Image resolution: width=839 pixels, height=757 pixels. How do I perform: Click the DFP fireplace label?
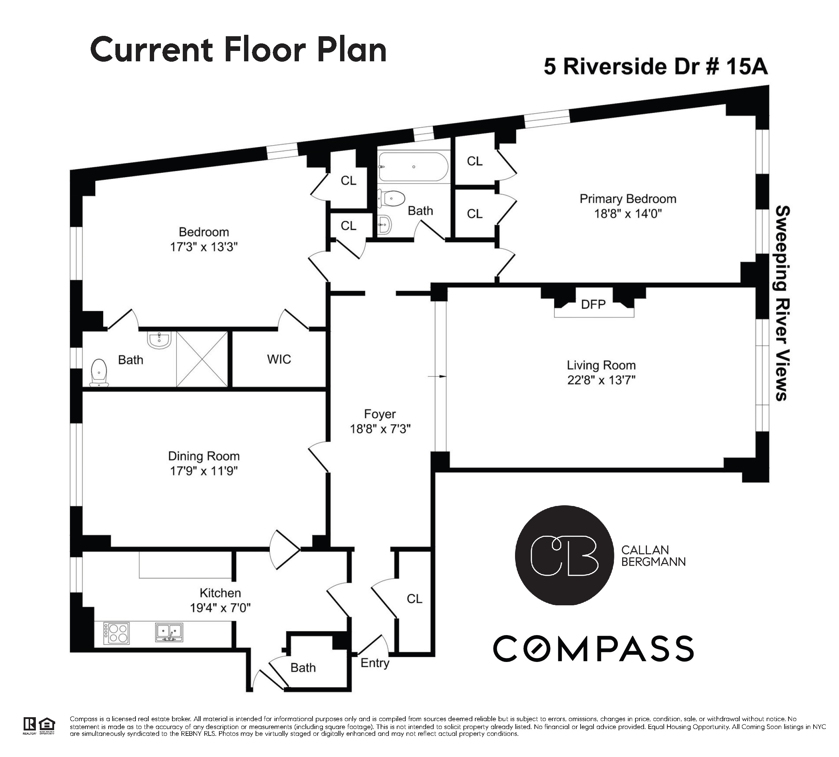pyautogui.click(x=592, y=304)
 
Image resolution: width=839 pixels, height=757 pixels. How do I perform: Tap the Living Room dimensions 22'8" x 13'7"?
pyautogui.click(x=601, y=380)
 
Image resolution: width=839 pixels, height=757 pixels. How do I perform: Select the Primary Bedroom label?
pyautogui.click(x=628, y=199)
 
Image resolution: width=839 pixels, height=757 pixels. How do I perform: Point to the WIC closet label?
pyautogui.click(x=278, y=359)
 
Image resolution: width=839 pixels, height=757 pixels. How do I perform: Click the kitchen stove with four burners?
pyautogui.click(x=116, y=633)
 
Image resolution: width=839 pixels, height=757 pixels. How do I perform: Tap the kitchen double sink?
pyautogui.click(x=169, y=632)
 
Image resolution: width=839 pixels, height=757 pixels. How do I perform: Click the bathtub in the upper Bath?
pyautogui.click(x=413, y=167)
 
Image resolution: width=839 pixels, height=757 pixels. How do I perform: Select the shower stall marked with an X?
pyautogui.click(x=202, y=359)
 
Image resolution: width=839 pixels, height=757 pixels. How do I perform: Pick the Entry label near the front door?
pyautogui.click(x=375, y=663)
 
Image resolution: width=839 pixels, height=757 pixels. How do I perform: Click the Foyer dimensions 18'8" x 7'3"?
pyautogui.click(x=380, y=429)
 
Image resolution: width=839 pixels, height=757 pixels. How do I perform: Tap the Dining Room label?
pyautogui.click(x=204, y=456)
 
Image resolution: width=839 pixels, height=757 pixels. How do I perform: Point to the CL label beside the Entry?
pyautogui.click(x=414, y=598)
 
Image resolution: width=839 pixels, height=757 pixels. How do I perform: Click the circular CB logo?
pyautogui.click(x=564, y=555)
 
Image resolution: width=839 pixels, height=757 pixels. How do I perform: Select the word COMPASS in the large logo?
pyautogui.click(x=593, y=649)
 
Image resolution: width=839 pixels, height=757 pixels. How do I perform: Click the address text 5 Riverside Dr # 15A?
pyautogui.click(x=656, y=67)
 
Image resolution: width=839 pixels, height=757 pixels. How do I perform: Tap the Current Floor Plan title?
pyautogui.click(x=238, y=50)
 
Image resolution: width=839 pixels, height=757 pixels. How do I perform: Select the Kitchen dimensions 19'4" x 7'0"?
pyautogui.click(x=220, y=608)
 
